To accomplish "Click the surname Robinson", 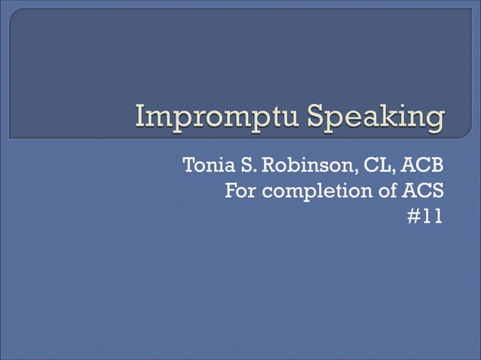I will (299, 166).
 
